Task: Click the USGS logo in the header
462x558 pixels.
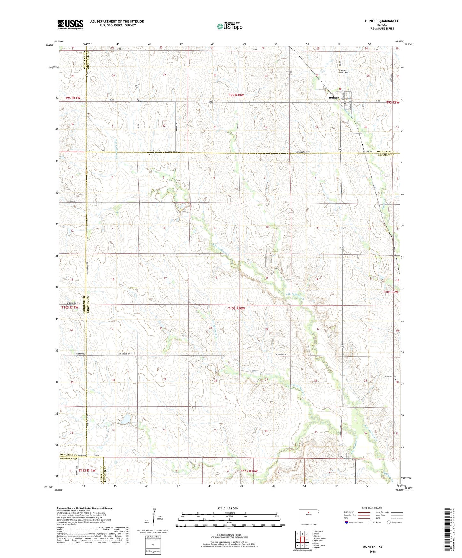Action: (x=70, y=25)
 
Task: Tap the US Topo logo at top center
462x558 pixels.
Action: (x=229, y=26)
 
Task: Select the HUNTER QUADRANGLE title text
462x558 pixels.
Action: (x=382, y=21)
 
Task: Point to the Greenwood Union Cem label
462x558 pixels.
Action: (x=343, y=71)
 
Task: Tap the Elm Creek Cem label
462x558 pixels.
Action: (x=156, y=151)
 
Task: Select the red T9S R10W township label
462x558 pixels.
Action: (x=236, y=95)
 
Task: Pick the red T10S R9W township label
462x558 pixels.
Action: (x=390, y=292)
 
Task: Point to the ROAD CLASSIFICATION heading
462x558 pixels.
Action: (x=372, y=508)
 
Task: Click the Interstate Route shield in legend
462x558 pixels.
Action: (x=347, y=522)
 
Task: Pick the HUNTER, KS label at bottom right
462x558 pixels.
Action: (x=372, y=546)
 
